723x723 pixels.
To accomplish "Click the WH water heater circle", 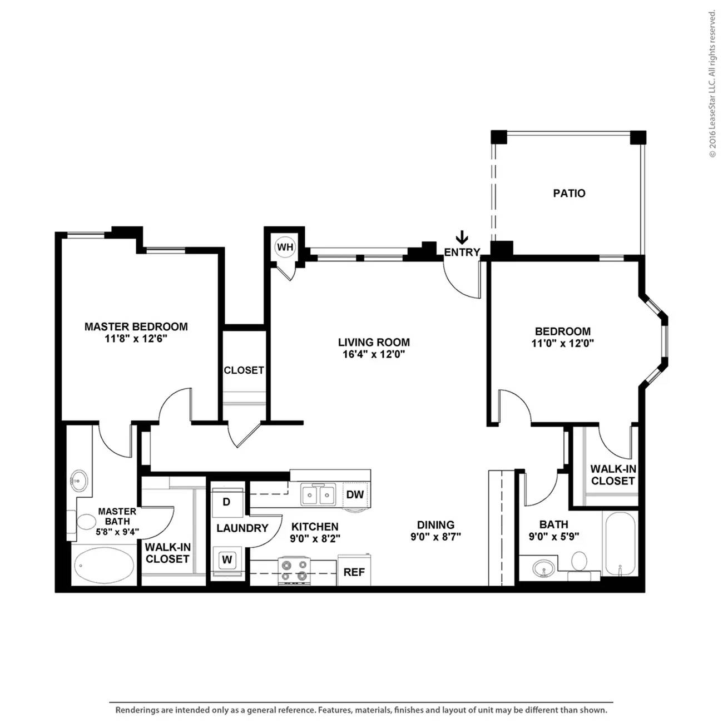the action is (x=285, y=247).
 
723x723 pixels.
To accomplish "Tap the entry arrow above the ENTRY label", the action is (x=462, y=237).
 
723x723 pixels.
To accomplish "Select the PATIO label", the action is (x=569, y=193).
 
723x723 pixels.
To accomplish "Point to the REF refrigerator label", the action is (x=354, y=572).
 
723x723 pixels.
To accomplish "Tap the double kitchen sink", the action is (x=318, y=495).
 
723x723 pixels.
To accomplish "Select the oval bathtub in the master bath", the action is (x=104, y=566).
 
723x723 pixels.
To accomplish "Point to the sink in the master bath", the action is (x=78, y=481).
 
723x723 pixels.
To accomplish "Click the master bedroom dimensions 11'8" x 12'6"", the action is (x=136, y=339).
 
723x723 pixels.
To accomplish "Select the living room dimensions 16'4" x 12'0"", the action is (x=374, y=354).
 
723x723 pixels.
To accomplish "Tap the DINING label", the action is (x=435, y=524).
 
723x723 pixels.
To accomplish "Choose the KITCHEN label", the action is (x=315, y=527).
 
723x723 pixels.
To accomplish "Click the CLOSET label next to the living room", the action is (x=244, y=370).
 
